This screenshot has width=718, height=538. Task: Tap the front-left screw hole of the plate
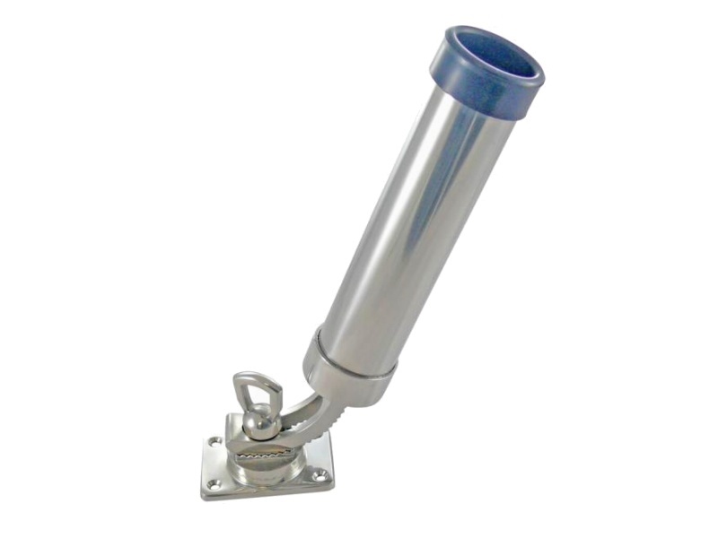pos(215,485)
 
